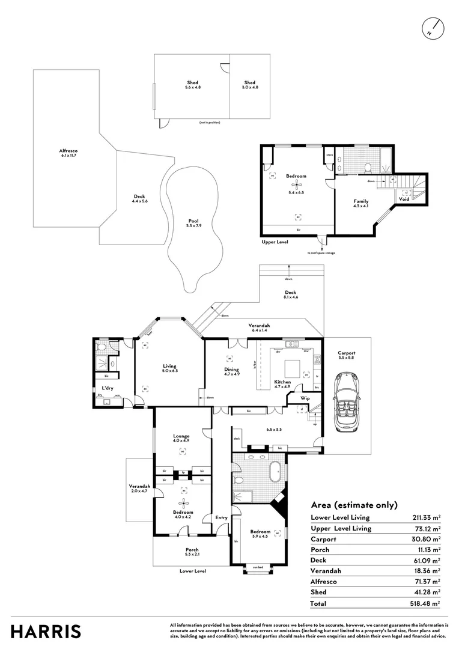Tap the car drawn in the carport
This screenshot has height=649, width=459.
tap(347, 401)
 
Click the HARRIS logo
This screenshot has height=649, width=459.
tap(46, 631)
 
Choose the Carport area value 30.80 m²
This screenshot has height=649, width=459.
tap(427, 539)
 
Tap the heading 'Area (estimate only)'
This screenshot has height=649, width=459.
tap(354, 505)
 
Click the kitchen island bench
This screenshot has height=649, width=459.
tap(293, 368)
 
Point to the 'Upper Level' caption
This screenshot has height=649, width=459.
tap(275, 242)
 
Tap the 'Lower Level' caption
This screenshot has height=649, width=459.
tap(193, 571)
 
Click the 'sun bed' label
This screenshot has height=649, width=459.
tap(258, 567)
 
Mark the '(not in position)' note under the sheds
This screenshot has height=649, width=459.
tap(210, 123)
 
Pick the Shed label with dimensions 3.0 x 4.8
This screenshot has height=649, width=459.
tap(250, 85)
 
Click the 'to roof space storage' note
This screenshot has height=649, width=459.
tap(321, 253)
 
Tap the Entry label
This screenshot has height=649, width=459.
tap(222, 517)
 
